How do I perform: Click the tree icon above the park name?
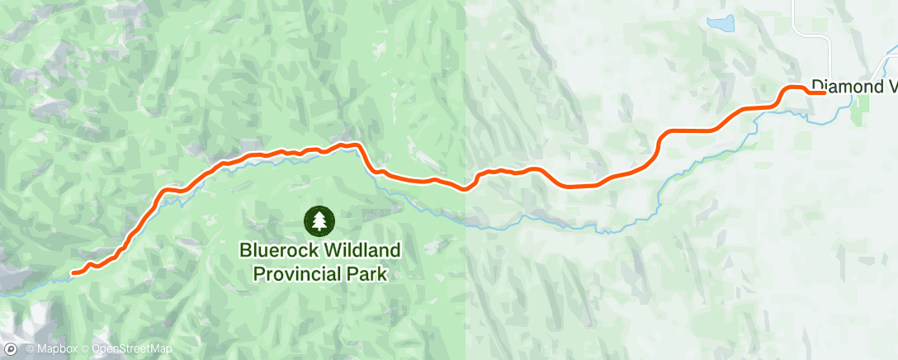pos(319,220)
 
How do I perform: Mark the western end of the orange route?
pos(74,272)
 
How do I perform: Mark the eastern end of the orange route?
pos(824,92)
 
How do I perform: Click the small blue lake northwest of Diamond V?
pos(720,24)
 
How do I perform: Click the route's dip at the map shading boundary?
pos(466,188)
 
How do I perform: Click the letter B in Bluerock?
pos(244,249)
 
